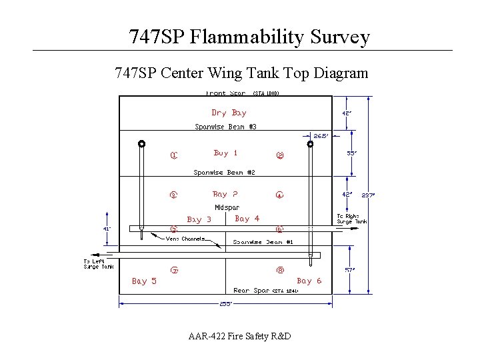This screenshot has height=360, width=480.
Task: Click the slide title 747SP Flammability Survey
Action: (x=249, y=37)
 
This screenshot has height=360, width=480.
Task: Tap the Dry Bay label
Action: (x=229, y=113)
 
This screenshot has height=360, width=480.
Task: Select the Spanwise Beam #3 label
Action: (x=225, y=127)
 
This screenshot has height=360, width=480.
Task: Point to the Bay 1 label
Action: (x=226, y=153)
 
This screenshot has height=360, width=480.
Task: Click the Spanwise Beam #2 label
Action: (x=224, y=173)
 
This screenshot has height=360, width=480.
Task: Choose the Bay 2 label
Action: (x=225, y=195)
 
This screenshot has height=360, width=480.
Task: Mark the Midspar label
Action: (x=227, y=207)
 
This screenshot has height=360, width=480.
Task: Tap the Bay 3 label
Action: (x=199, y=219)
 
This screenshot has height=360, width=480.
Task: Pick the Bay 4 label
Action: (x=247, y=218)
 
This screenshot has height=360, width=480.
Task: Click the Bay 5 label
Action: (x=144, y=281)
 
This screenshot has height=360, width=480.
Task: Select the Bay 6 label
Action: (x=309, y=281)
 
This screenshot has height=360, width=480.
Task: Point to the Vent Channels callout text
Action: (x=185, y=239)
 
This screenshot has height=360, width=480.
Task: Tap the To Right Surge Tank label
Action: (x=351, y=219)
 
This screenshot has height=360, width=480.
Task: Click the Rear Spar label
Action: (x=251, y=291)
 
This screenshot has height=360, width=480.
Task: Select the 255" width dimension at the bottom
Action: (x=225, y=303)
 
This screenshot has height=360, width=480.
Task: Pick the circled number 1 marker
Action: (x=173, y=157)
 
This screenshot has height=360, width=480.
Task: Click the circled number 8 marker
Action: (x=280, y=270)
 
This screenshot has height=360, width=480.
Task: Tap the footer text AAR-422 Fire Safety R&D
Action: (x=239, y=337)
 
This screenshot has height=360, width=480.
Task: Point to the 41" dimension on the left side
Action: (x=107, y=229)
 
